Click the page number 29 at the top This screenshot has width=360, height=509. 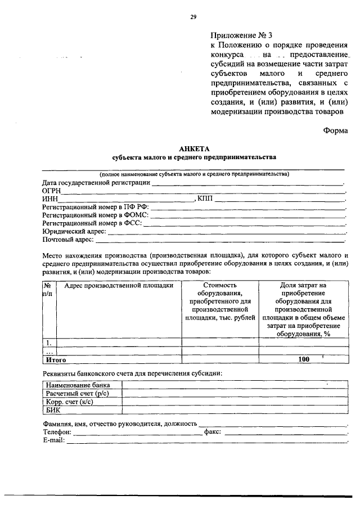[x=193, y=17]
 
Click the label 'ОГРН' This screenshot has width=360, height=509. [x=52, y=191]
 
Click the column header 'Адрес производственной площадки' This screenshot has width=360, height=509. [x=118, y=286]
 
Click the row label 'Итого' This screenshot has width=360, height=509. [x=56, y=359]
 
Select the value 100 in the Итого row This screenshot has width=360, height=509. [x=304, y=359]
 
